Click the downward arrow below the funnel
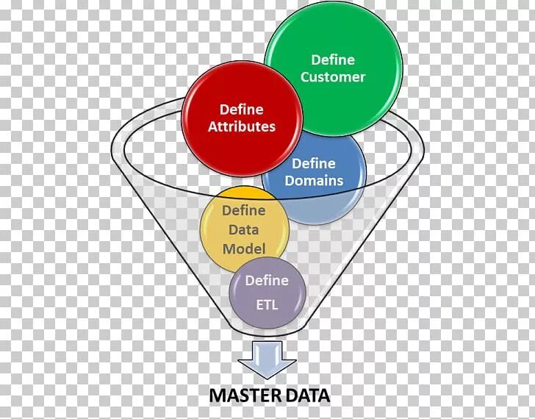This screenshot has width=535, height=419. pos(267,361)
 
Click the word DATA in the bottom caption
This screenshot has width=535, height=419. pos(309,395)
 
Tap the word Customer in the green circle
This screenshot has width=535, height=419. pos(333,77)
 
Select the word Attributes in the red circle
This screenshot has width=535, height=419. pos(241,127)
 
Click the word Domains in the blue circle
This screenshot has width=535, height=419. pos(314,180)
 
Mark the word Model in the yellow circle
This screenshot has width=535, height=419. pos(244,248)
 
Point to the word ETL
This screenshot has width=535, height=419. pos(267,304)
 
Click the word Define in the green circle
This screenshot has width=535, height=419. pos(333,60)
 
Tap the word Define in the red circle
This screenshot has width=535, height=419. pos(241,110)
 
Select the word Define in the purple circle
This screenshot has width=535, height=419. pos(267,281)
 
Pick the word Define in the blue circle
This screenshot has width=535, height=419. pos(314,163)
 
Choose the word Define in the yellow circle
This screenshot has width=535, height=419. pos(244,211)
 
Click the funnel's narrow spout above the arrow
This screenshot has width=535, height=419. pos(267,334)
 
